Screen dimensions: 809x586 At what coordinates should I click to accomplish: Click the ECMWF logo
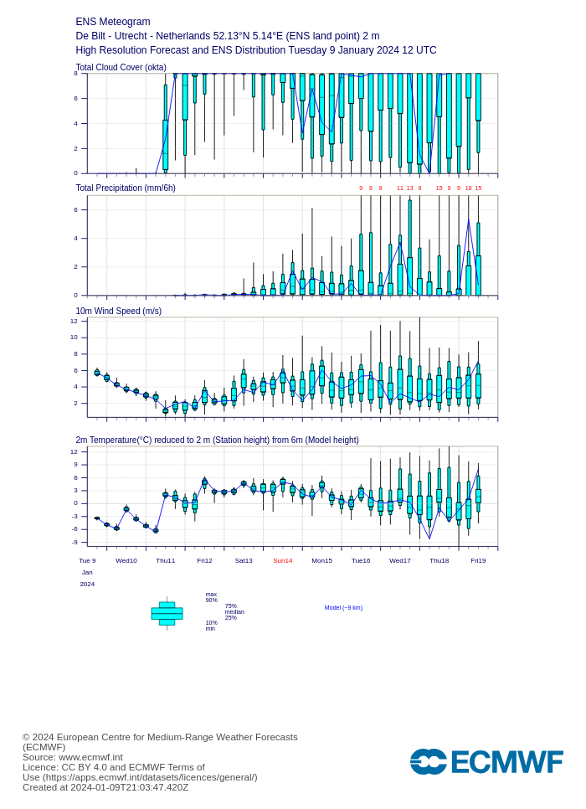(486, 762)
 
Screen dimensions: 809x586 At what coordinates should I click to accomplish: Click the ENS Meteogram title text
(113, 22)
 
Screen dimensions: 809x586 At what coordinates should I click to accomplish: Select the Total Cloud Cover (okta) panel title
(121, 68)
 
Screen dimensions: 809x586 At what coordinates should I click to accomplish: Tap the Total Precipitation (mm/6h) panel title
(126, 188)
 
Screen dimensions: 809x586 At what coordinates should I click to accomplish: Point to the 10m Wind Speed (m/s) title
(118, 312)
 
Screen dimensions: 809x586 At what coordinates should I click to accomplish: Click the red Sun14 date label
(283, 561)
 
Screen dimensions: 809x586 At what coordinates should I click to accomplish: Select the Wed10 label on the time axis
(126, 561)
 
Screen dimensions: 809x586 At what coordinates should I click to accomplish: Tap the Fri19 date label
(478, 561)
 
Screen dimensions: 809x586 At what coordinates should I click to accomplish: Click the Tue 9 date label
(87, 561)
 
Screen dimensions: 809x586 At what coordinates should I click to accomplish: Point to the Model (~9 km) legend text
(343, 608)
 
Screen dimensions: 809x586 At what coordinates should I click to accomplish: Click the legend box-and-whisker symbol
(167, 614)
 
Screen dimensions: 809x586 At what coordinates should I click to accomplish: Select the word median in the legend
(234, 612)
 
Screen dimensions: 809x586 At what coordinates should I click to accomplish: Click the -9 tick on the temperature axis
(74, 542)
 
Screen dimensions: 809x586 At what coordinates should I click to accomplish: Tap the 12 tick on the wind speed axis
(74, 321)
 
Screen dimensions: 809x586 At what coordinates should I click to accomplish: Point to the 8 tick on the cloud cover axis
(75, 74)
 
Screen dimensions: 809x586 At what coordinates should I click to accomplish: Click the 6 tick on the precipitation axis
(75, 210)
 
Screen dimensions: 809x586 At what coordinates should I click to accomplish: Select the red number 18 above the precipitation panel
(469, 188)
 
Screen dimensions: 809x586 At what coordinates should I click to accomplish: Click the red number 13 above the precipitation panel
(410, 188)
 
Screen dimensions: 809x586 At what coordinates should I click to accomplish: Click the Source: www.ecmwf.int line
(72, 757)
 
